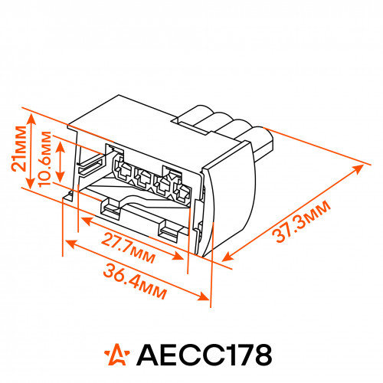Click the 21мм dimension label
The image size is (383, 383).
pos(19,149)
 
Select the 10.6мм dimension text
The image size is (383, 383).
pos(44,159)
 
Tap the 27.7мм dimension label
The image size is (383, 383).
pos(129,247)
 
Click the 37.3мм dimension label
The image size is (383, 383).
pos(301,221)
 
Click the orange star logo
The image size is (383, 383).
pos(117,355)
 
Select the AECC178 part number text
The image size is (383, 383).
pos(205,355)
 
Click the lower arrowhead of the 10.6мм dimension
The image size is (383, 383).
pos(61,175)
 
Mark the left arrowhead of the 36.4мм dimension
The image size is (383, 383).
pos(70,243)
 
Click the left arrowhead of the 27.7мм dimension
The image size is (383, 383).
pos(86,221)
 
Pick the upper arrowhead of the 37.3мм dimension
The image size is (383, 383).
pos(358,169)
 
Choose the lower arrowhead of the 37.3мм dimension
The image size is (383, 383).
pos(228,257)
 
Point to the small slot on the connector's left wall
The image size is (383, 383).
pos(90,167)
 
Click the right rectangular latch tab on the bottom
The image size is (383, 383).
pos(171,230)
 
